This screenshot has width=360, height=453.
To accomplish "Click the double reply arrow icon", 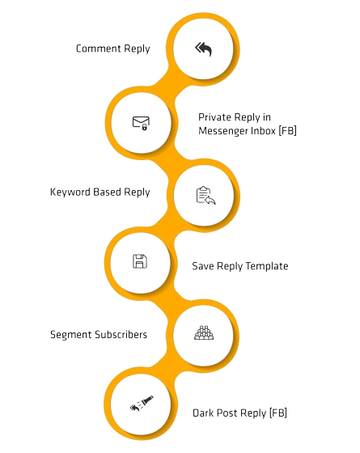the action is [x=203, y=49].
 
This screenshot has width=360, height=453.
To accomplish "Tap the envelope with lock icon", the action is [x=141, y=123].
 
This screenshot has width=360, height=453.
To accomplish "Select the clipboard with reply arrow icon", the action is [x=205, y=195].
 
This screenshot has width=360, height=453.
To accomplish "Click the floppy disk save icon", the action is [x=140, y=261].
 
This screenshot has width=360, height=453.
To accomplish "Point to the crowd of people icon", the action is [x=204, y=332].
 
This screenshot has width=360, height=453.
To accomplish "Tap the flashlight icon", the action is [x=142, y=403].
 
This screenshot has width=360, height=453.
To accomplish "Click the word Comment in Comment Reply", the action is [x=99, y=49].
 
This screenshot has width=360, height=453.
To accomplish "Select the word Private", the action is [x=215, y=117].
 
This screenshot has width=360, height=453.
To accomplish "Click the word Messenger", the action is [x=223, y=131].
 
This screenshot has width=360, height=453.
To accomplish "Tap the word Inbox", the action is [x=263, y=131].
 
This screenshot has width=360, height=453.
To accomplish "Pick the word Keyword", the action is [x=70, y=193].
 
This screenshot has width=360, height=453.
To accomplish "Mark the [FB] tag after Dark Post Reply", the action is [x=278, y=413].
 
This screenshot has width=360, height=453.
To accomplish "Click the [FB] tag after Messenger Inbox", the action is [x=288, y=131].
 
